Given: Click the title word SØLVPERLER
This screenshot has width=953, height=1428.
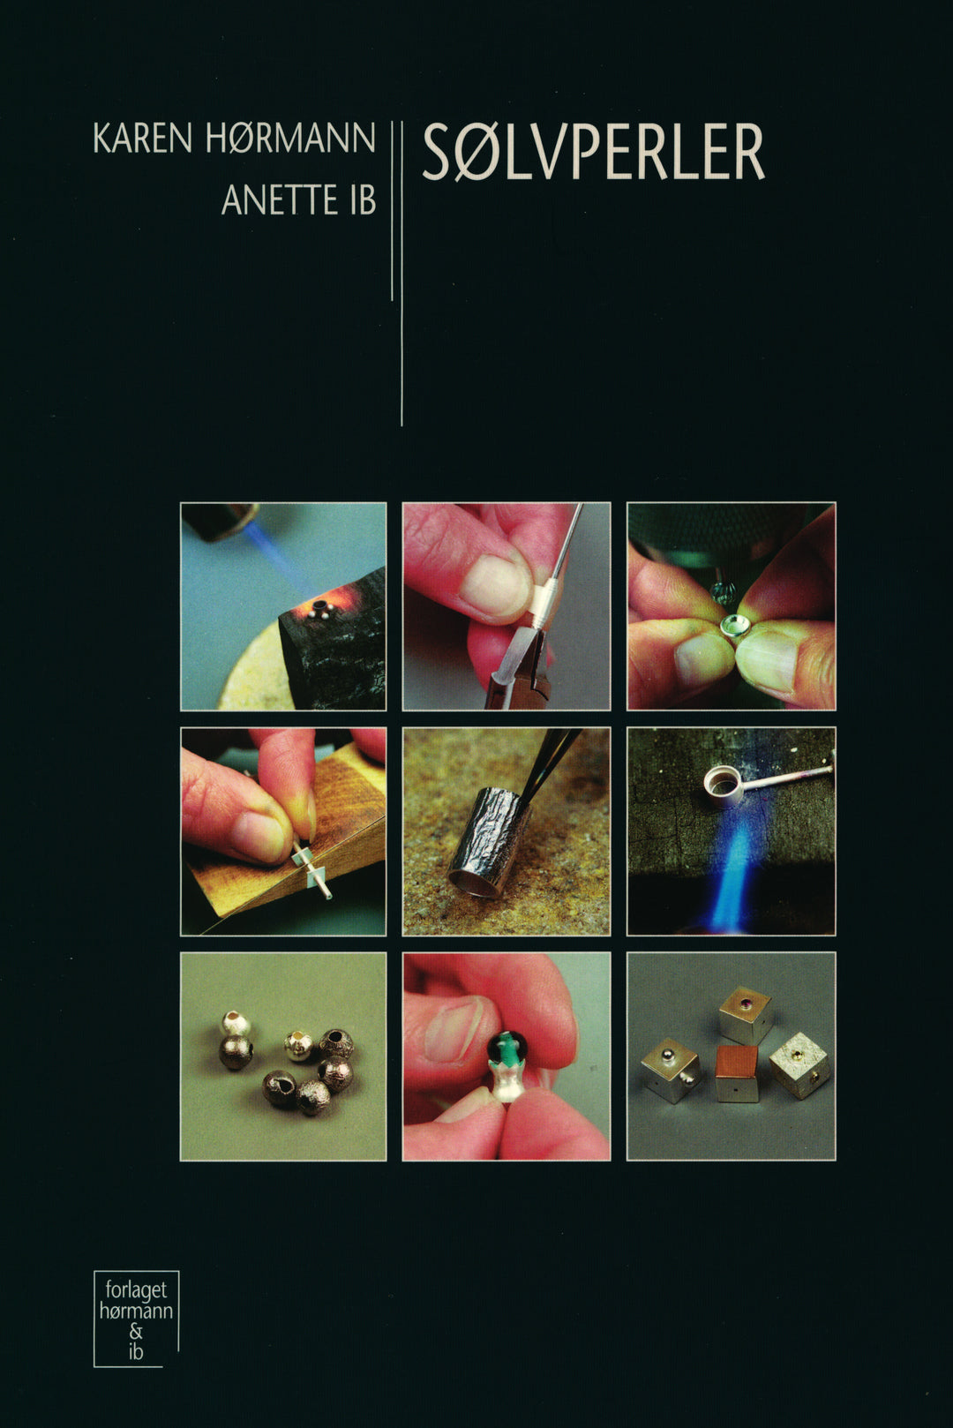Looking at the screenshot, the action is (x=594, y=152).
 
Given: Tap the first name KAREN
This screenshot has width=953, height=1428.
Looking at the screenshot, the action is (x=142, y=138).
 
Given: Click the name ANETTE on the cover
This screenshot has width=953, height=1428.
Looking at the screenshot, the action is (x=279, y=200).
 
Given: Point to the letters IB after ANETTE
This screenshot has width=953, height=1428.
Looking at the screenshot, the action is (x=363, y=200).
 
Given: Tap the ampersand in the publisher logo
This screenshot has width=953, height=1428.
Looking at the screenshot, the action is (x=135, y=1332).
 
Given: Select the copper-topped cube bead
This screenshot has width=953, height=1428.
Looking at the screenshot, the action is (x=736, y=1072).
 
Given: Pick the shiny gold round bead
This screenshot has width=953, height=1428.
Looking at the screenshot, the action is (x=298, y=1046).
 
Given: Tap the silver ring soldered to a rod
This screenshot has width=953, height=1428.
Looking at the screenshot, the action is (x=724, y=785).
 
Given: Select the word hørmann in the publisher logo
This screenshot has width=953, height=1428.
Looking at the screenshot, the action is (x=136, y=1311).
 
